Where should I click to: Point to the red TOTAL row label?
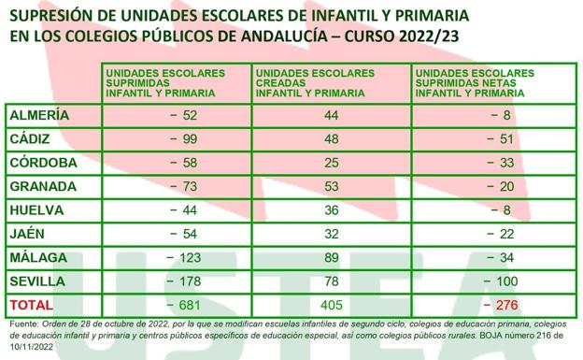point(33,305)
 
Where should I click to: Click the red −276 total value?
point(495,305)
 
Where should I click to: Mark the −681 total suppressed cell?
point(182,305)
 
